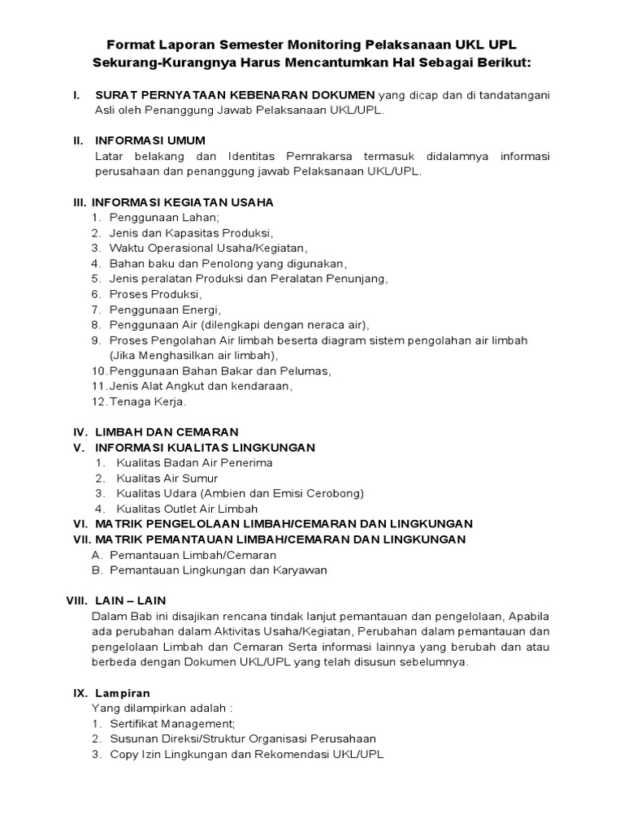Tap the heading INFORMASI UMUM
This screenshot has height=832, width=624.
point(150,141)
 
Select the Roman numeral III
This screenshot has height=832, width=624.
point(80,201)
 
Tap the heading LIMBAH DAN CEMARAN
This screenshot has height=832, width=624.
point(167,431)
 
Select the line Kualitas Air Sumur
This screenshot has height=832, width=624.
point(167,478)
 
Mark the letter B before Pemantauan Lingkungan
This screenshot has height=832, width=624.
point(97,570)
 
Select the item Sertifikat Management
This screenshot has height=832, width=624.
point(172,723)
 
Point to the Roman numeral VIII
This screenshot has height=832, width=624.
point(76,600)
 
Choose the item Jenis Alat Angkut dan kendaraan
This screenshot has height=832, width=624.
point(201,385)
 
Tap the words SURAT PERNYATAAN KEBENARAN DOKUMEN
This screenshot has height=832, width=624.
point(236,95)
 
